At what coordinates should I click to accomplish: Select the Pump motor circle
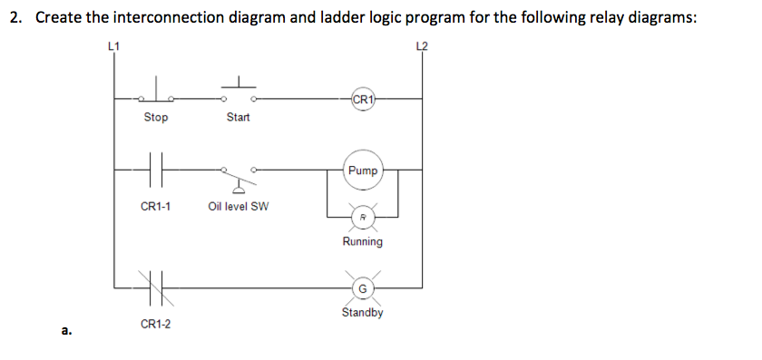click(x=363, y=170)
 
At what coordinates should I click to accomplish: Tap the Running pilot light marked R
click(x=362, y=217)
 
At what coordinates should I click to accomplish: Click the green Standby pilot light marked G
click(x=362, y=288)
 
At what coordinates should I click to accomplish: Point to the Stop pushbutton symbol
click(x=156, y=93)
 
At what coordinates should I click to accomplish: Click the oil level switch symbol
click(x=239, y=176)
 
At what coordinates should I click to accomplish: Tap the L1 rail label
click(x=113, y=44)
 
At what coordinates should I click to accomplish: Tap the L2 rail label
click(x=421, y=44)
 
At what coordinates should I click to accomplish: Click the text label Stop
click(x=156, y=118)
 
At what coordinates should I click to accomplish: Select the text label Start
click(x=239, y=118)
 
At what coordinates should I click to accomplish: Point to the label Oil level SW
click(x=238, y=206)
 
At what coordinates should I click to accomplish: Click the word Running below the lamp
click(x=362, y=242)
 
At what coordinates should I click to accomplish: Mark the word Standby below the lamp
click(x=362, y=313)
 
